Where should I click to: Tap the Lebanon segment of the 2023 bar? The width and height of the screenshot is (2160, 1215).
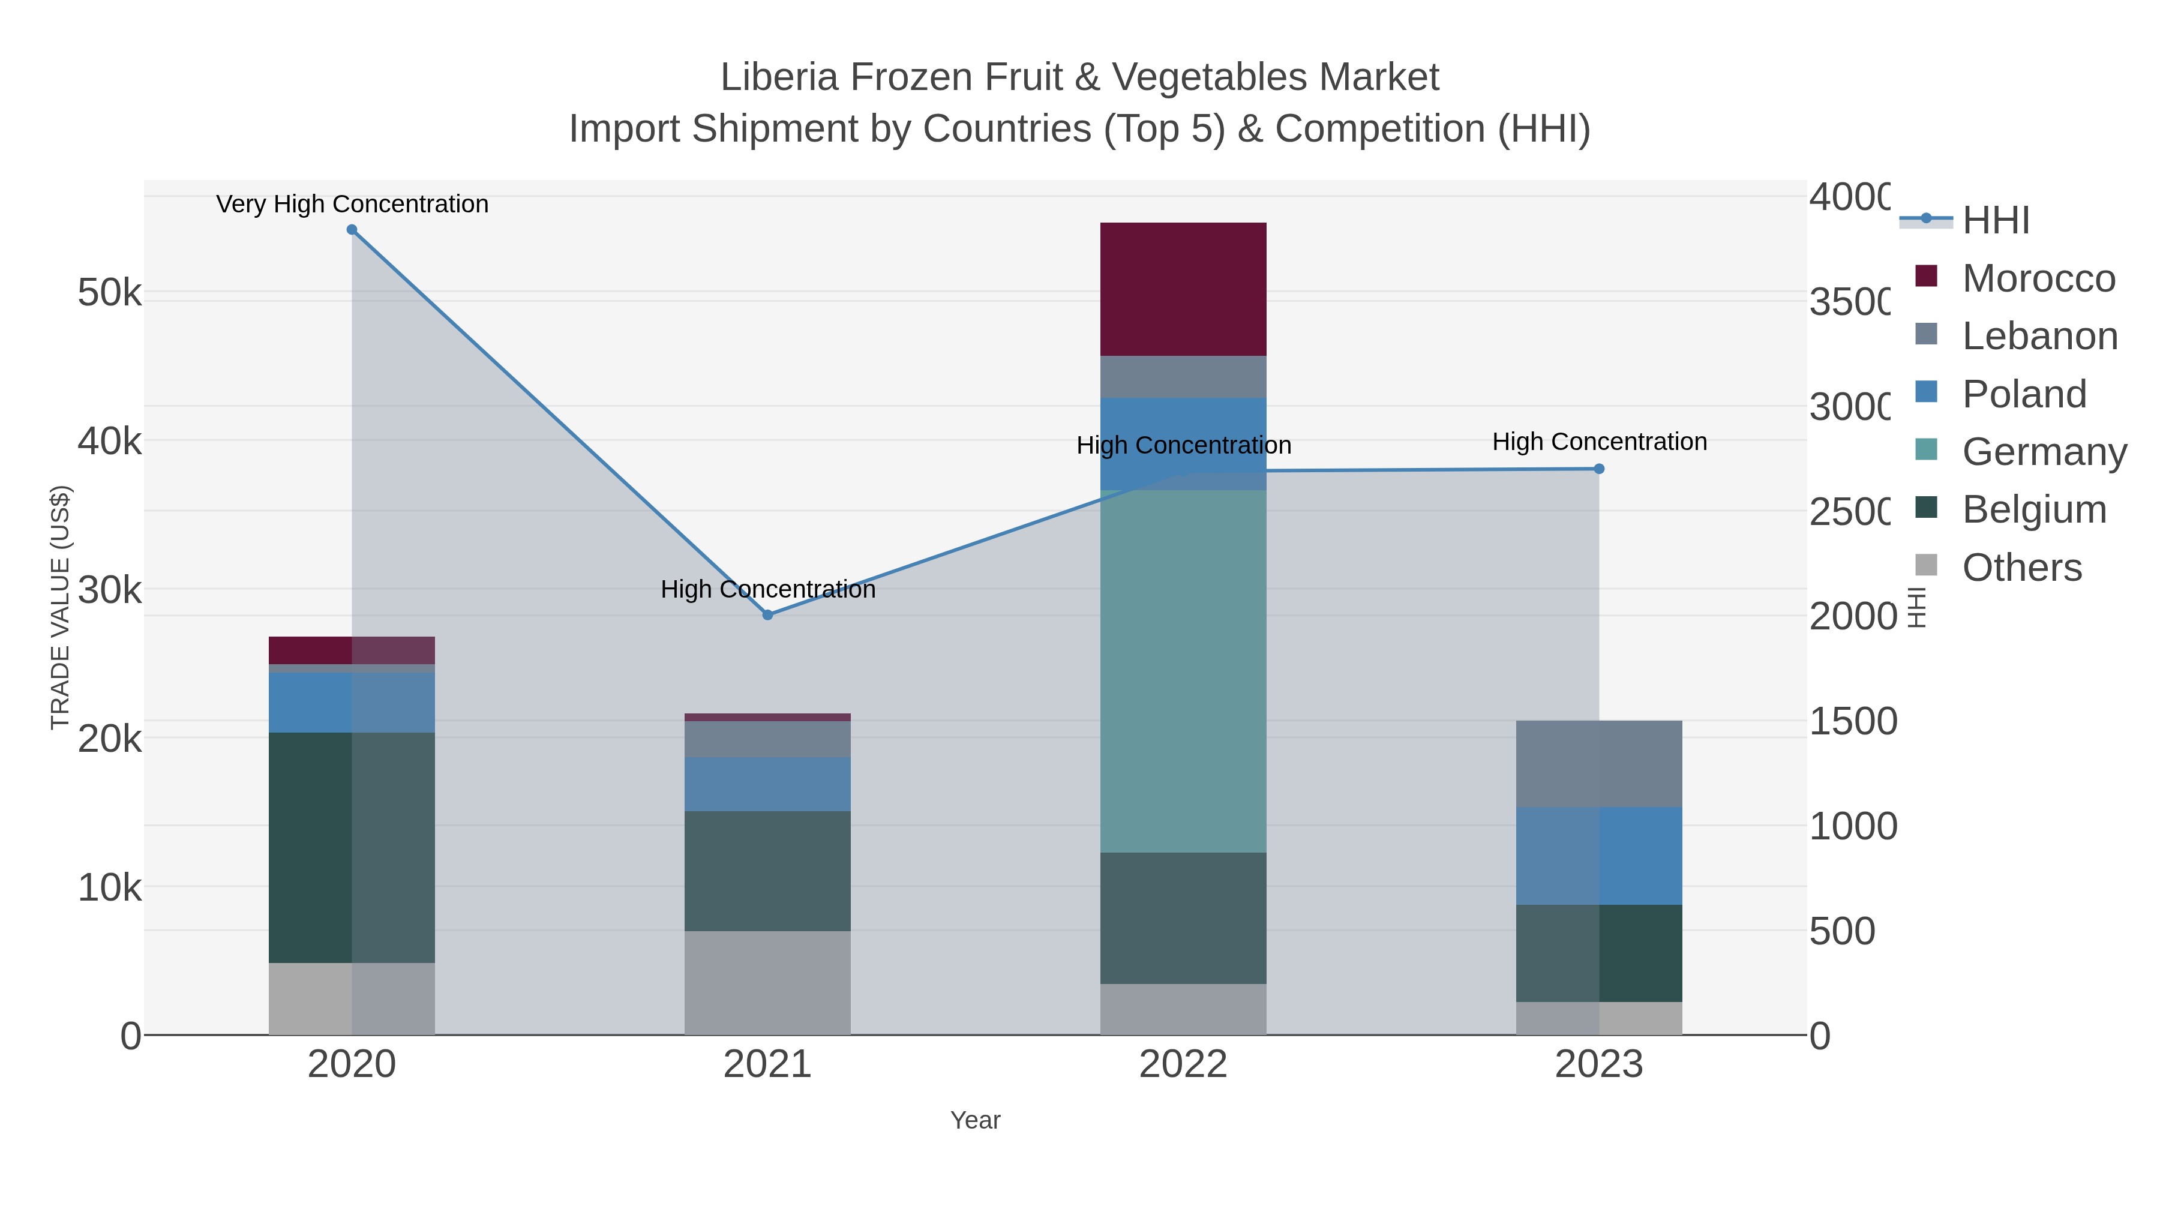click(x=1598, y=763)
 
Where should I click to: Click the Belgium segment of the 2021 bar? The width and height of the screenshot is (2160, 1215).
click(x=767, y=871)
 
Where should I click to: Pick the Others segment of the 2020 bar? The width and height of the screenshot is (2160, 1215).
click(x=352, y=998)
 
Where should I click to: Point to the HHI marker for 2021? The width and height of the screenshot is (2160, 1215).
click(x=767, y=614)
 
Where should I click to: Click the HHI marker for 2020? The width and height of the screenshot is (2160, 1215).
click(x=352, y=230)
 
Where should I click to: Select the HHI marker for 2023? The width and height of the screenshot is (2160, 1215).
click(x=1598, y=469)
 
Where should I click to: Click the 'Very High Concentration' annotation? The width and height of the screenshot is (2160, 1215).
click(x=352, y=204)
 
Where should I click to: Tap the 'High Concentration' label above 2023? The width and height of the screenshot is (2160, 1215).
click(x=1599, y=441)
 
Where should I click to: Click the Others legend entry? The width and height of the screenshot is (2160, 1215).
click(x=2021, y=568)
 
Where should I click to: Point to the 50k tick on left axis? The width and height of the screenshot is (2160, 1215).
click(x=109, y=293)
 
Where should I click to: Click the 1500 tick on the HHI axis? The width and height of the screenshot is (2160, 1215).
click(x=1852, y=721)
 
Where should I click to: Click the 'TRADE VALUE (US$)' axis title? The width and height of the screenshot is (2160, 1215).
click(x=61, y=607)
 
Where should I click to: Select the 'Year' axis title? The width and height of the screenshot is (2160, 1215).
click(x=974, y=1120)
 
